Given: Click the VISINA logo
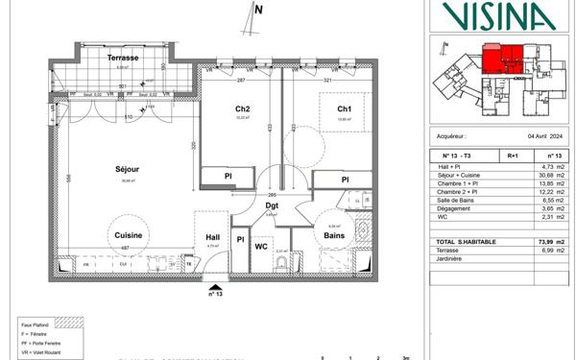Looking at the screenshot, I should pyautogui.click(x=497, y=15).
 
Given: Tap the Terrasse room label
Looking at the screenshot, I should pyautogui.click(x=124, y=59).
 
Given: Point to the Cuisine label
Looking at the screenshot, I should pyautogui.click(x=130, y=234).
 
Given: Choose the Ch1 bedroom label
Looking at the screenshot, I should pyautogui.click(x=344, y=109).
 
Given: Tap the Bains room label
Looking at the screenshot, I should pyautogui.click(x=334, y=235).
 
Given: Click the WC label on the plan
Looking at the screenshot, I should pyautogui.click(x=261, y=246).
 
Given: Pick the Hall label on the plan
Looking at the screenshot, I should pyautogui.click(x=213, y=236).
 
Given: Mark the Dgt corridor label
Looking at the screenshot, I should pyautogui.click(x=273, y=204).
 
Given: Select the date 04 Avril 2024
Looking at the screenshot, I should pyautogui.click(x=540, y=137).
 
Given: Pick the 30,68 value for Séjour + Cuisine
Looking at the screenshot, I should pyautogui.click(x=539, y=173).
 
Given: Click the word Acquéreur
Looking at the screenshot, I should pyautogui.click(x=450, y=137).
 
